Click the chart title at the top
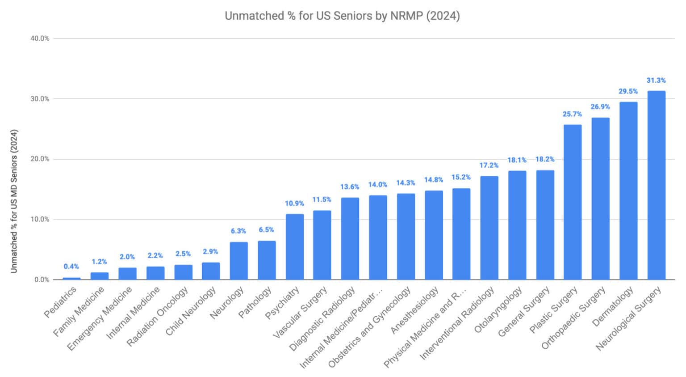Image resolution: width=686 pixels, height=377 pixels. click(x=342, y=16)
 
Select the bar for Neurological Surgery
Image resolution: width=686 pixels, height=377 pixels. click(x=656, y=185)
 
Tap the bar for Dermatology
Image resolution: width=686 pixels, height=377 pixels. click(x=628, y=191)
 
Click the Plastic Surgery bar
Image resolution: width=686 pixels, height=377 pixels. click(x=573, y=202)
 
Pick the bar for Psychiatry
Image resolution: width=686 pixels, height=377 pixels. click(x=295, y=247)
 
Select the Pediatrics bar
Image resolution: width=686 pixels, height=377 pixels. click(x=71, y=278)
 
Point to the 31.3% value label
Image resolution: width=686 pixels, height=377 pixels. click(x=656, y=80)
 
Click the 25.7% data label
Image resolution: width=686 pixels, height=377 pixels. click(x=572, y=114)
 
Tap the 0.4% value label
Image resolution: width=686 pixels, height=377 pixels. click(x=71, y=267)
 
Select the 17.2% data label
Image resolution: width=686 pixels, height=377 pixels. click(x=489, y=165)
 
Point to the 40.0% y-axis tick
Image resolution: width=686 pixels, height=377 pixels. click(x=40, y=38)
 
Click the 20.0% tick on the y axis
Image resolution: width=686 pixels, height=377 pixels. click(x=40, y=159)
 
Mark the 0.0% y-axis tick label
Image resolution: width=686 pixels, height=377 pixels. click(x=41, y=280)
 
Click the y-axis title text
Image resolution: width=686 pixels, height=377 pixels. click(x=14, y=201)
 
